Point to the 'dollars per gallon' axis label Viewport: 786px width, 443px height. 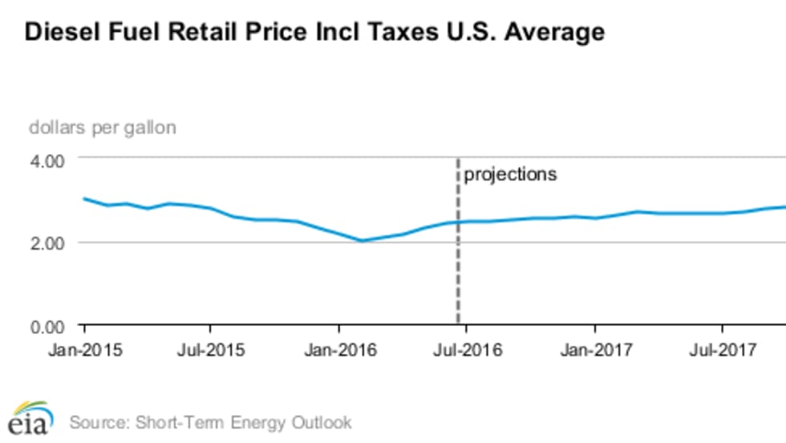coord(103,127)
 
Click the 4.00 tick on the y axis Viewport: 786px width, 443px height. coord(47,160)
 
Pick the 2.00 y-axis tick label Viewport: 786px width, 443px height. coord(47,243)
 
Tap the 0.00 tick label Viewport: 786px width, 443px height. coord(47,327)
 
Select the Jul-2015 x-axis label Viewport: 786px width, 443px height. coord(210,350)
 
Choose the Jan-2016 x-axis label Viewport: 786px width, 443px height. coord(338,350)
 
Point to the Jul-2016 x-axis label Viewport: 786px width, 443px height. coord(467,350)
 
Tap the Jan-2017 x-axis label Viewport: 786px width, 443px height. coord(594,350)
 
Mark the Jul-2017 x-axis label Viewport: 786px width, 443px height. coord(723,350)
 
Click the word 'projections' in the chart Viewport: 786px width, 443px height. coord(510,174)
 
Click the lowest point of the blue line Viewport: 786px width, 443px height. coord(362,241)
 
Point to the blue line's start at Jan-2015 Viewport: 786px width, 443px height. coord(83,198)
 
